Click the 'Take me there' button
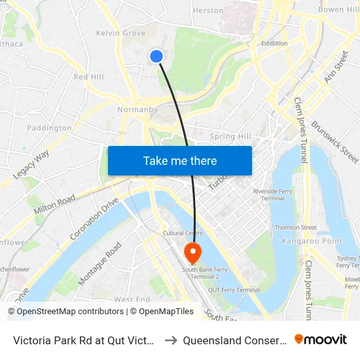click(x=180, y=160)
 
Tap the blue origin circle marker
click(x=156, y=56)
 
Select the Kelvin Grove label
click(x=121, y=33)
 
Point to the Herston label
click(x=208, y=10)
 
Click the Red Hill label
click(x=89, y=77)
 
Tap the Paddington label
click(x=49, y=128)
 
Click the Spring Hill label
click(x=230, y=136)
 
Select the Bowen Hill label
click(x=338, y=10)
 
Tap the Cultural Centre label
click(x=183, y=232)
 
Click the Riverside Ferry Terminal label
click(x=274, y=194)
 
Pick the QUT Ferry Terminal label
click(x=234, y=290)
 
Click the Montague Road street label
click(x=100, y=264)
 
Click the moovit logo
click(x=321, y=339)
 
